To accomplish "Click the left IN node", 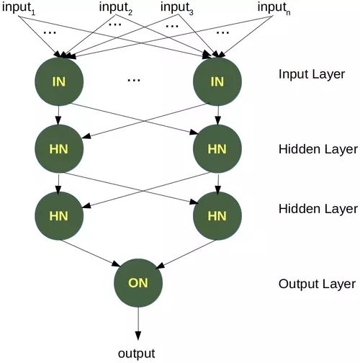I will (x=59, y=81).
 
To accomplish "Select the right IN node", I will (x=217, y=81).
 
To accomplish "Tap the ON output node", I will (x=138, y=283).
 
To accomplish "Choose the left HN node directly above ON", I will (x=59, y=215).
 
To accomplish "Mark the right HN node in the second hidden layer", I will (x=217, y=215).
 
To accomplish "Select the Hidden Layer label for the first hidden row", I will (x=318, y=150).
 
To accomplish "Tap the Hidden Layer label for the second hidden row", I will (x=318, y=209).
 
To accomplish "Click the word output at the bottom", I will (x=137, y=353).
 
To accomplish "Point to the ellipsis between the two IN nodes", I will (x=133, y=81).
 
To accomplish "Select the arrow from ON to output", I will (x=138, y=324).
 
